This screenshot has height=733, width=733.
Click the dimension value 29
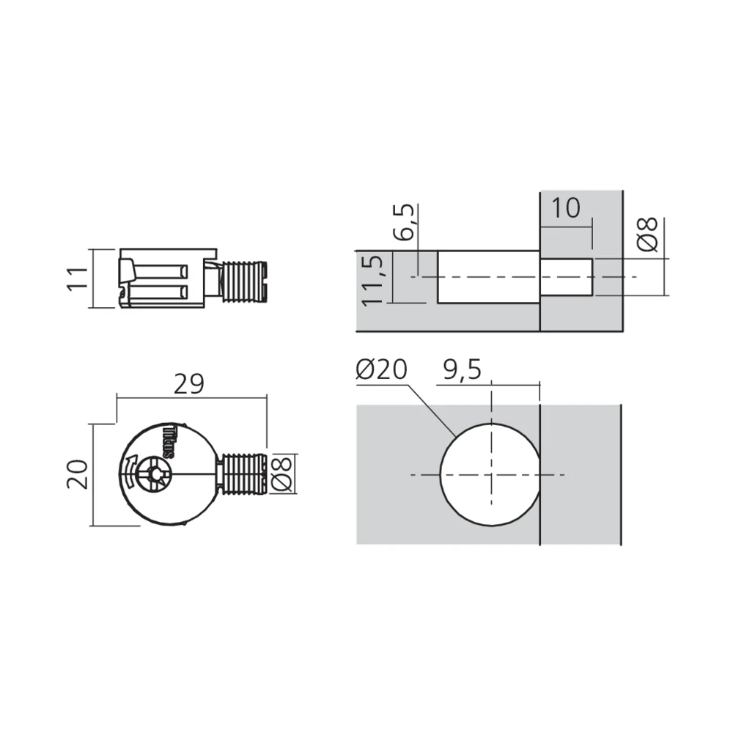tap(188, 384)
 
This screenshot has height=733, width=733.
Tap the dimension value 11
tap(78, 279)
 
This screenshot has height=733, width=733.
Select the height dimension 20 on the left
tap(80, 474)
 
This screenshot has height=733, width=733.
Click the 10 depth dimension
tap(565, 208)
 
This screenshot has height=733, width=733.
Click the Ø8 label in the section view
tap(649, 234)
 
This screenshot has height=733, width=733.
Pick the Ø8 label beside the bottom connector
tap(283, 474)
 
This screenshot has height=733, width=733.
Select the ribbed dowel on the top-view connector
tap(242, 474)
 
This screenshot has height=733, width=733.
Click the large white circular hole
tap(490, 474)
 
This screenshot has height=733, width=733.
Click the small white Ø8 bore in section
tap(565, 276)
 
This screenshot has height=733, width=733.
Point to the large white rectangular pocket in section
tap(487, 276)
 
